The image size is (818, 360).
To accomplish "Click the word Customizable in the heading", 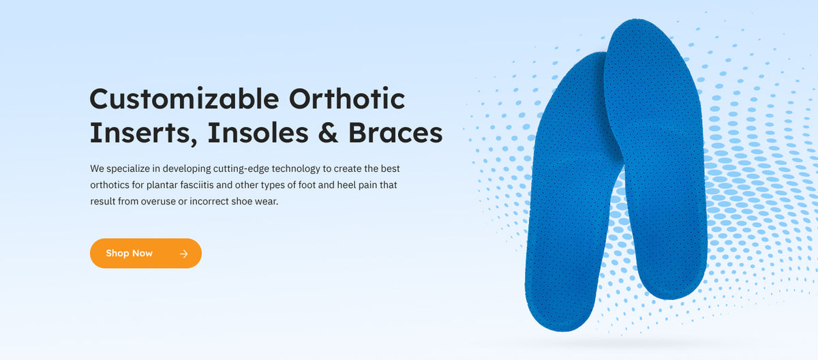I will tap(184, 100).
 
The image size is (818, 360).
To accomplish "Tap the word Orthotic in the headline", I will tap(347, 100).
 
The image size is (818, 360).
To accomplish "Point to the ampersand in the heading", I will tap(329, 133).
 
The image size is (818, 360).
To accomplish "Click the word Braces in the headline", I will tap(395, 133).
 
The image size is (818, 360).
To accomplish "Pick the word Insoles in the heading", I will tap(262, 133).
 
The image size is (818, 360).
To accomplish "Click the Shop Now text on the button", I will tap(129, 254).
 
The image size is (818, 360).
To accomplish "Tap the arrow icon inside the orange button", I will tap(183, 254).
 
